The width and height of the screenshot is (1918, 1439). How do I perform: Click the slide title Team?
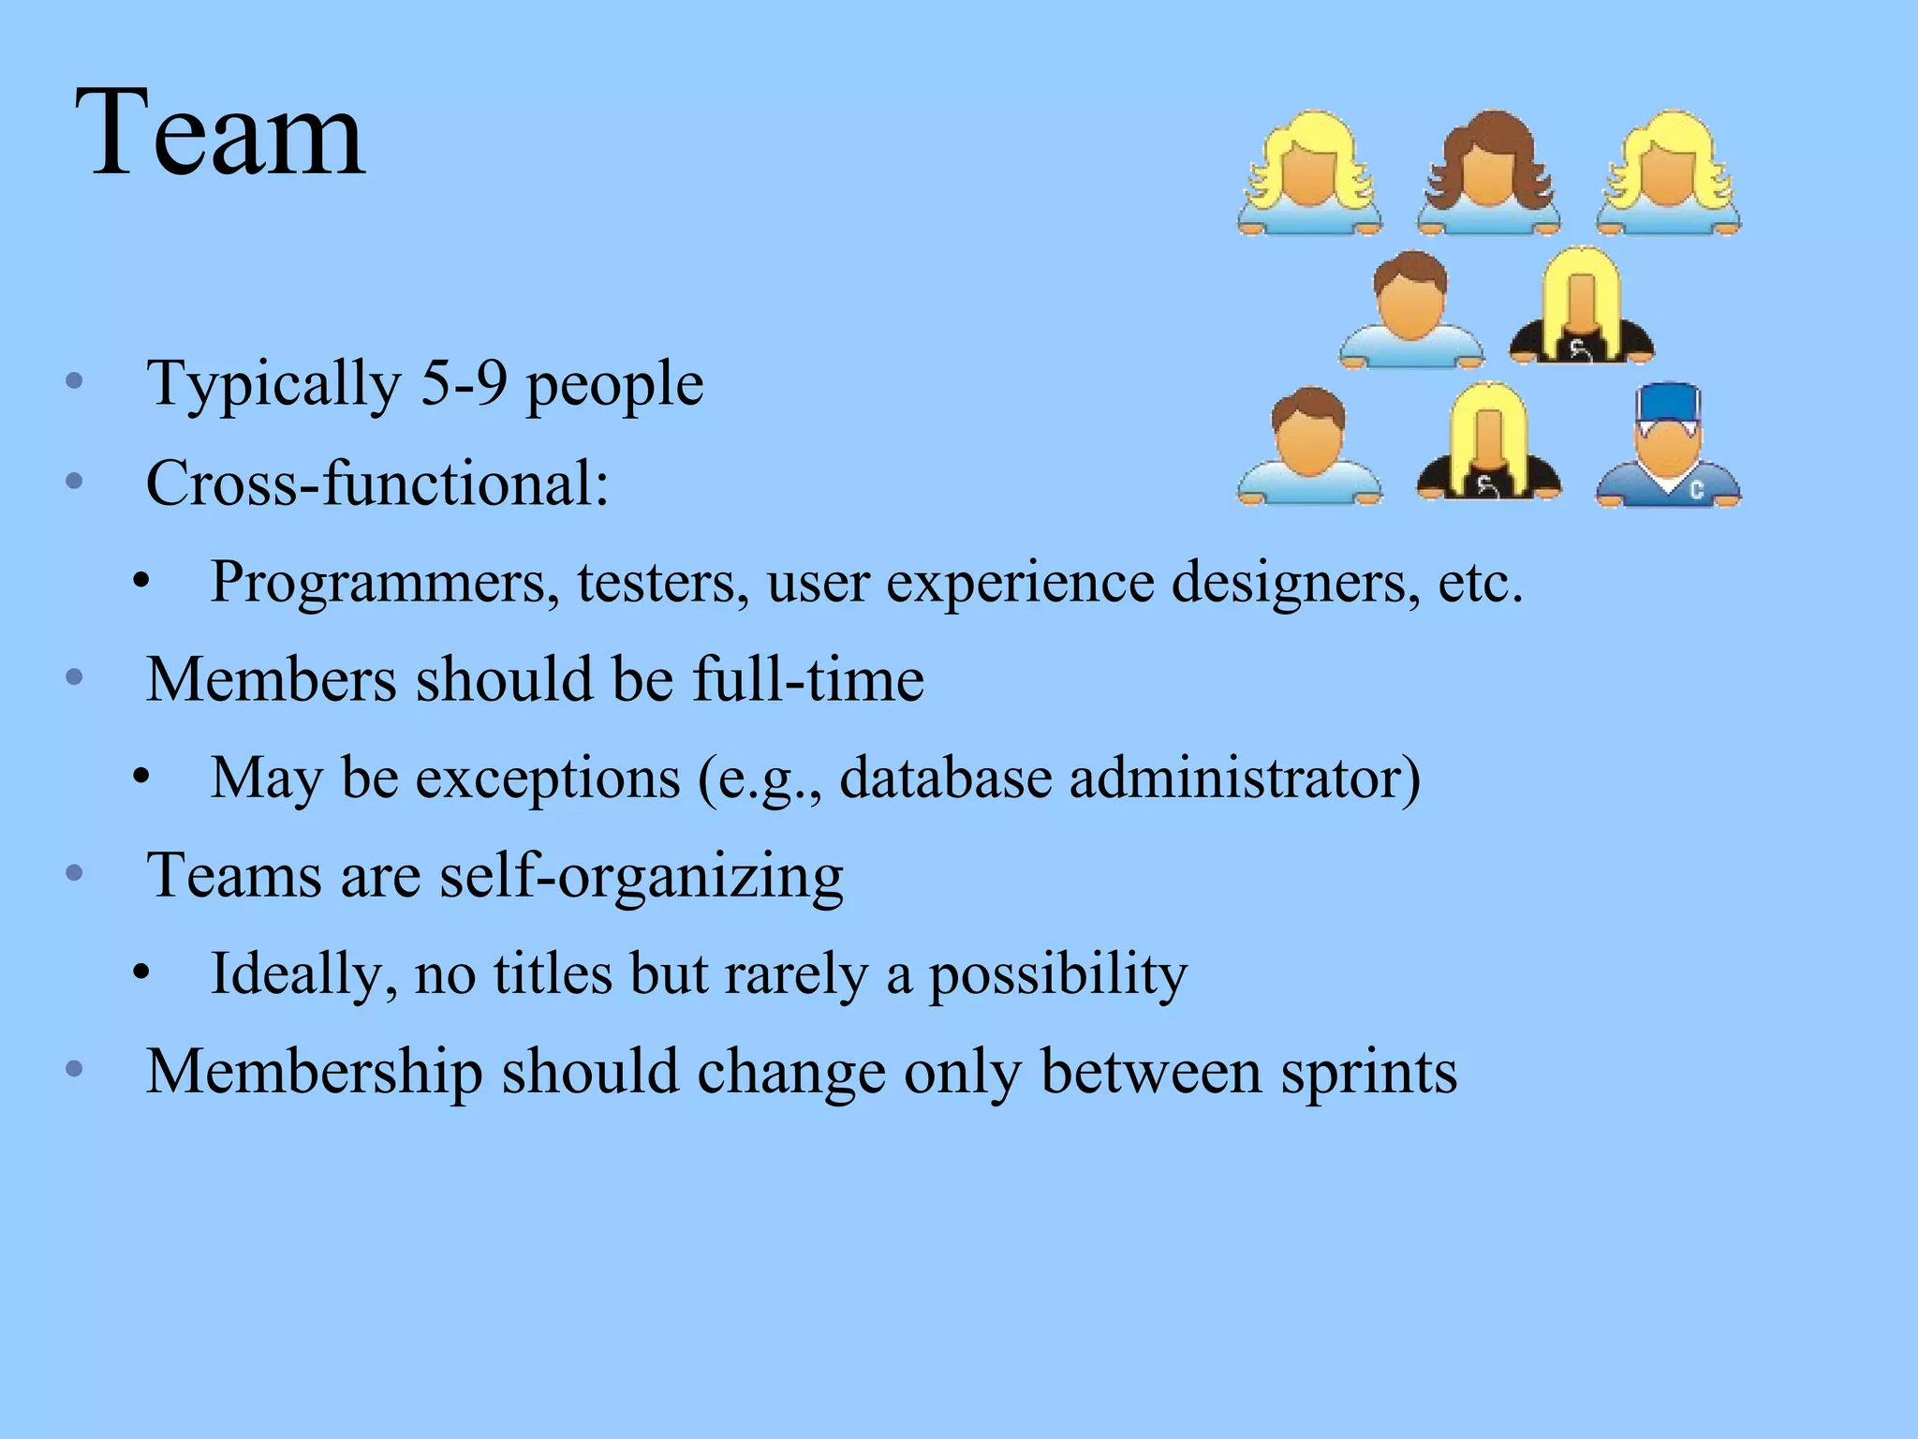point(220,133)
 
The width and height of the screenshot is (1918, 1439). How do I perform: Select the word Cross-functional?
point(376,483)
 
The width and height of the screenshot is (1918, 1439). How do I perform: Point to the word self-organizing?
point(642,877)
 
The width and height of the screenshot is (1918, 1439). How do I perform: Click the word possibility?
point(1057,975)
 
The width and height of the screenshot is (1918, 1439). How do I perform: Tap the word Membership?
point(315,1071)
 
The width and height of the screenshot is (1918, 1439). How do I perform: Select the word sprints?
point(1369,1073)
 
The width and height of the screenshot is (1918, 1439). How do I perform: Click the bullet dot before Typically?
point(75,382)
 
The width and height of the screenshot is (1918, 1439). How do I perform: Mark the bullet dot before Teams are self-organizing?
point(75,874)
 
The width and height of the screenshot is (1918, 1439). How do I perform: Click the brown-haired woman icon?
point(1487,173)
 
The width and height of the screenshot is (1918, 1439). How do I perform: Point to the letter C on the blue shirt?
point(1696,488)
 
